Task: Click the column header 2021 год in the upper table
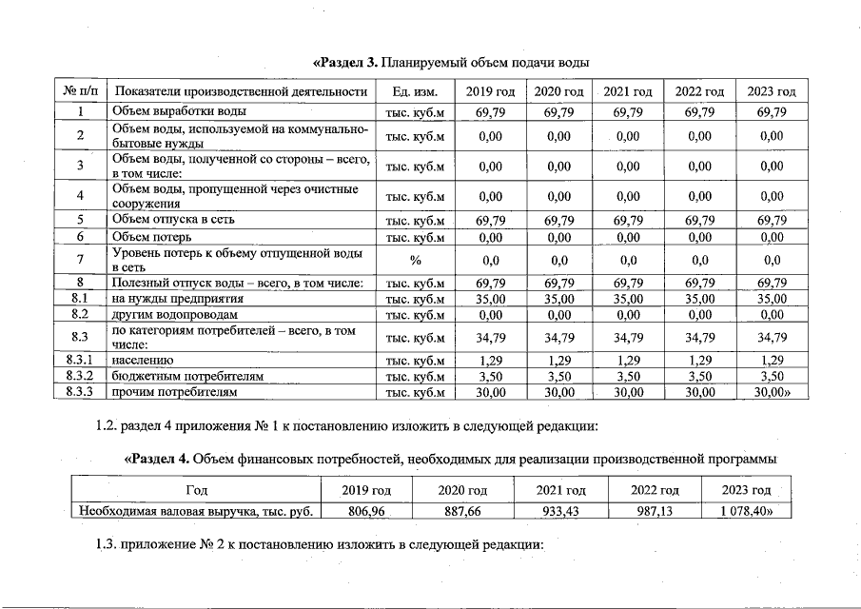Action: tap(628, 91)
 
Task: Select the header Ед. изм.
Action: tap(415, 91)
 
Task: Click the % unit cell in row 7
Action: tap(415, 259)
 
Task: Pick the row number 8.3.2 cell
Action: tap(81, 376)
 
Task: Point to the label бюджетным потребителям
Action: tap(178, 376)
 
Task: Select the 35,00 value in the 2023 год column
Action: tap(772, 298)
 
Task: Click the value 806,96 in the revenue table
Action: tap(366, 511)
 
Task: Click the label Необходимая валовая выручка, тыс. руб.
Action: tap(196, 511)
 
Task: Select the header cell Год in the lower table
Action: tap(196, 490)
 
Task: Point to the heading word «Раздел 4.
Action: tap(158, 460)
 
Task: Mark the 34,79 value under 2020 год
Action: tap(558, 337)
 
